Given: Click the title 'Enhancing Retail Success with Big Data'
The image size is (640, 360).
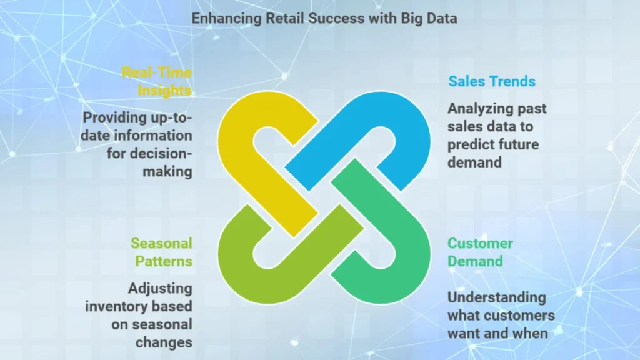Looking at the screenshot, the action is [324, 18].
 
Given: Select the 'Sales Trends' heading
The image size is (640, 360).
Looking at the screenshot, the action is [492, 81].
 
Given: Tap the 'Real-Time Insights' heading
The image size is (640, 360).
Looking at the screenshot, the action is [157, 81].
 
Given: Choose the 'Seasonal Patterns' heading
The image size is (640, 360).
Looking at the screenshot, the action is [162, 252].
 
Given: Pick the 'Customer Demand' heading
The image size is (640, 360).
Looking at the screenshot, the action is [481, 252].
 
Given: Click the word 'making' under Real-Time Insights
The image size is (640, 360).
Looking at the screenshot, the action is [167, 171].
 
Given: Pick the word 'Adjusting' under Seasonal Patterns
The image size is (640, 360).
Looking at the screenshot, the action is [160, 289].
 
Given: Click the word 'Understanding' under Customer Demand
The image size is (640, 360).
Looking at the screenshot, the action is [497, 297].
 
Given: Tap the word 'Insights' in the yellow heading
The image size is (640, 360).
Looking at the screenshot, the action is [164, 91].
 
